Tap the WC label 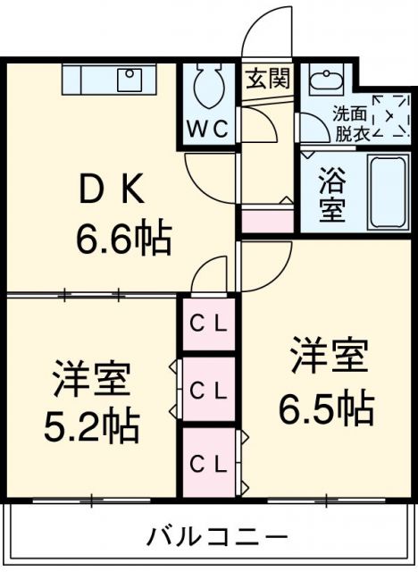pos(208,129)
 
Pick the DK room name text pos(111,189)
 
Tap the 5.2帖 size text pos(92,426)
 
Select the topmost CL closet pos(209,324)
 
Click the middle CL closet pos(209,390)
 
